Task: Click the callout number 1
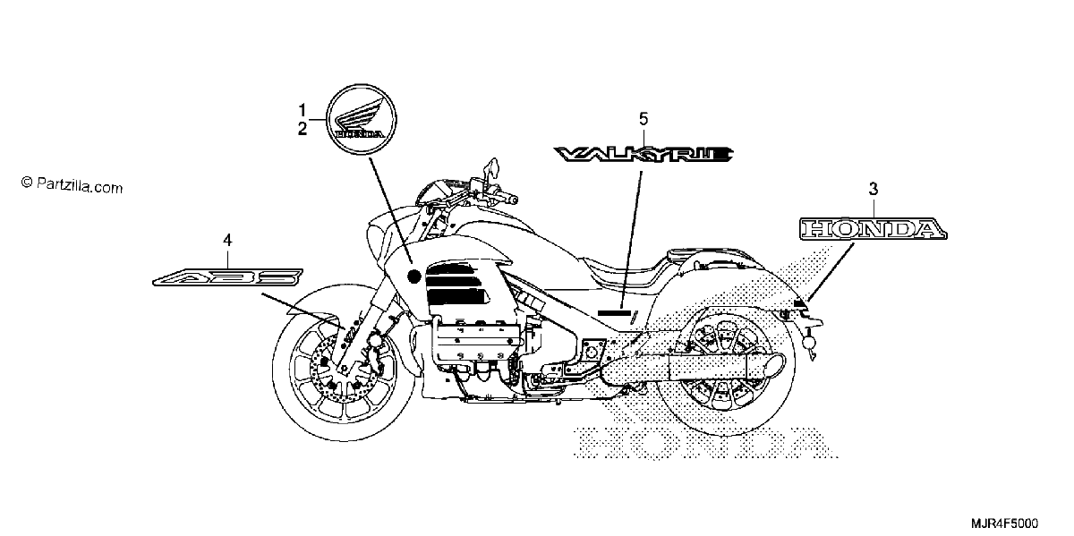pos(303,111)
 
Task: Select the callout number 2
pos(303,129)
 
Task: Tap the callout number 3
pos(874,190)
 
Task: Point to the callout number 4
pos(227,240)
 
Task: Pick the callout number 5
pos(644,119)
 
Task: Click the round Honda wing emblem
pos(361,119)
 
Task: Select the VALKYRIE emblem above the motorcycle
pos(644,155)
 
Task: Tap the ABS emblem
pos(227,277)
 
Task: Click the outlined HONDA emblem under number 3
pos(874,229)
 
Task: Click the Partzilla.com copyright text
pos(72,184)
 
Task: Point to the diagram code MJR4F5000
pos(1004,523)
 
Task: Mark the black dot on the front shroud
pos(413,277)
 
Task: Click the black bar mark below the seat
pos(614,313)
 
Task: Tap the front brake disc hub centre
pos(344,369)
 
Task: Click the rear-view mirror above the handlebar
pos(492,168)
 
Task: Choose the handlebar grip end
pos(513,199)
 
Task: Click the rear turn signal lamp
pos(809,341)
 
